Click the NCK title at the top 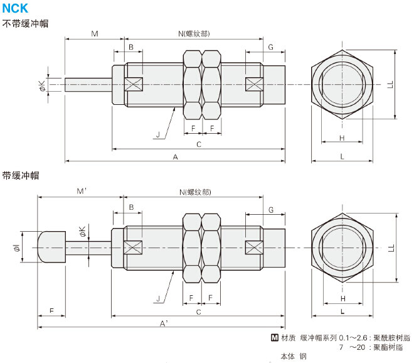15,9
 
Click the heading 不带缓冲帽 26,23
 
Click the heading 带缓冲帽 21,175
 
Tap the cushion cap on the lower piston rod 50,247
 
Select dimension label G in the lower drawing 271,209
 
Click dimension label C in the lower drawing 198,312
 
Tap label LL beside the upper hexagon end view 390,84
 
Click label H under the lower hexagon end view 342,298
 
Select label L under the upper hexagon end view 342,156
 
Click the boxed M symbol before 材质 274,337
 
